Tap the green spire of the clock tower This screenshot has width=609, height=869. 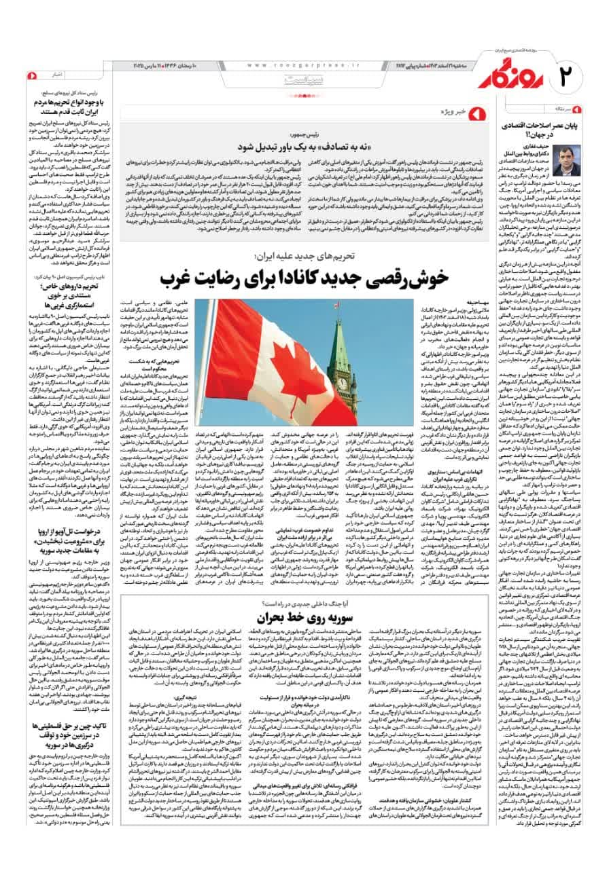[x=339, y=346]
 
